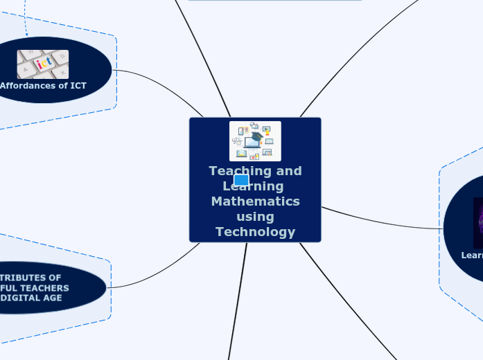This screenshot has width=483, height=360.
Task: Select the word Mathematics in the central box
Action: [255, 201]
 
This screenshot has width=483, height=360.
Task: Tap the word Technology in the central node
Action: [255, 232]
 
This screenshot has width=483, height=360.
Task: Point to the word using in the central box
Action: [255, 217]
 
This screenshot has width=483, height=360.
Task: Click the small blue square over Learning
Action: [241, 181]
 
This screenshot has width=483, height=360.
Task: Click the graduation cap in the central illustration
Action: [257, 137]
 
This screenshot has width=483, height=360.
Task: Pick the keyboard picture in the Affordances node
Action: [43, 64]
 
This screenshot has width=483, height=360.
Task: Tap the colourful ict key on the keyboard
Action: [44, 63]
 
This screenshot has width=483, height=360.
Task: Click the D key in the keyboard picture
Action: [62, 56]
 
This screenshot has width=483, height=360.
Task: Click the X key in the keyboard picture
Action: [62, 72]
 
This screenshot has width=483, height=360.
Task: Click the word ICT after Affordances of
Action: [78, 86]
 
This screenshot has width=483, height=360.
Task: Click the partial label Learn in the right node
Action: [472, 255]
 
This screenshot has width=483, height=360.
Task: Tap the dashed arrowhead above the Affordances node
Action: [26, 33]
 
